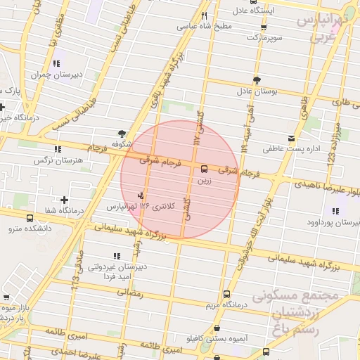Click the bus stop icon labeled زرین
tap(204, 169)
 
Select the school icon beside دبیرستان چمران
tap(56, 63)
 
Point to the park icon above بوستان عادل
tap(257, 80)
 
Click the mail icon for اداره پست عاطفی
tap(291, 138)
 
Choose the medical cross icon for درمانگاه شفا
tap(65, 200)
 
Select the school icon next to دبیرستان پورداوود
tap(333, 211)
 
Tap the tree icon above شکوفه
tap(122, 133)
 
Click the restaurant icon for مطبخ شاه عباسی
tap(205, 15)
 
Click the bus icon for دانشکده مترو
tap(30, 218)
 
